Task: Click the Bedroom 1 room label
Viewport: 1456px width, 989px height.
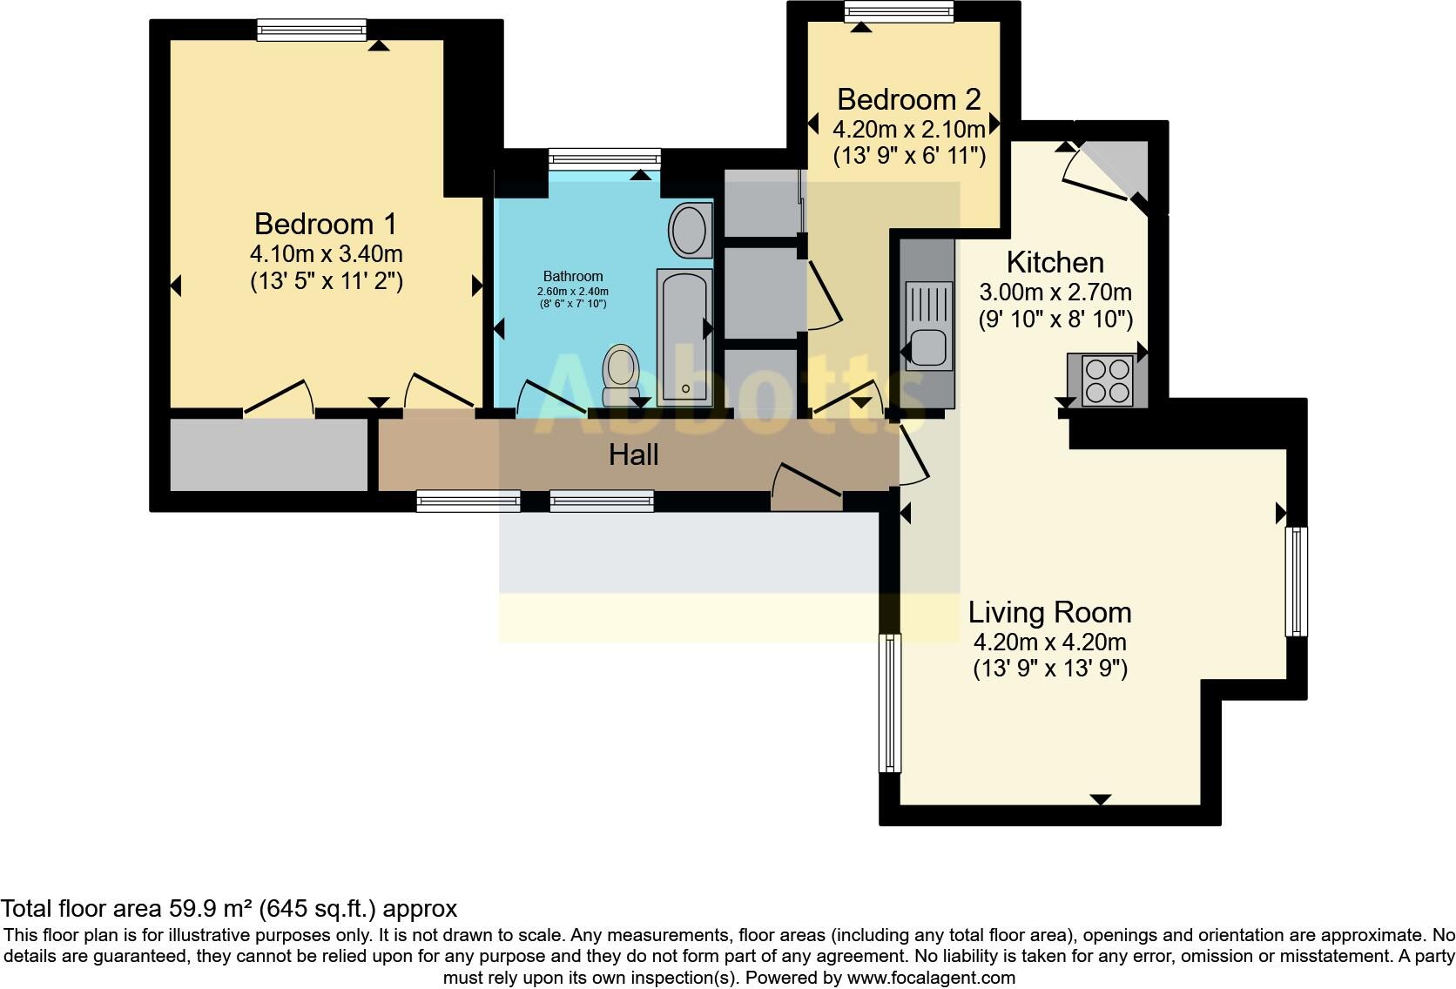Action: (326, 224)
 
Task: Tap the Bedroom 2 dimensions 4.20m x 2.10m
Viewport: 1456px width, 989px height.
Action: (909, 130)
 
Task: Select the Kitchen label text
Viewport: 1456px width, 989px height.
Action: (1055, 262)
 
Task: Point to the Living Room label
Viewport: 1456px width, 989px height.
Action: (1049, 612)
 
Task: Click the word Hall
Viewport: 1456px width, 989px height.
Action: (633, 454)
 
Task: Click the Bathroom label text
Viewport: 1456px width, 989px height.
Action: (573, 276)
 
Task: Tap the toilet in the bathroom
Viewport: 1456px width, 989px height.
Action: (621, 369)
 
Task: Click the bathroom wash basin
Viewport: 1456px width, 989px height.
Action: (691, 231)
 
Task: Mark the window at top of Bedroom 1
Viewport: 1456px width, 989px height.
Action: (312, 30)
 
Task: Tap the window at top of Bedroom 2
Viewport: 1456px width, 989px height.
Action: (899, 11)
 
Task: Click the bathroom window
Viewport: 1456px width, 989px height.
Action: (604, 158)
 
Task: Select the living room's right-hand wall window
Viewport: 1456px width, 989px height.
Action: (1296, 581)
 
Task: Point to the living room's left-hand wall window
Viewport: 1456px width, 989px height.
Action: (890, 703)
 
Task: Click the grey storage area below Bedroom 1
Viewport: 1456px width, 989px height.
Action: (268, 454)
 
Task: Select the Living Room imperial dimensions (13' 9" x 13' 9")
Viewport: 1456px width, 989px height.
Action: (1049, 669)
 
